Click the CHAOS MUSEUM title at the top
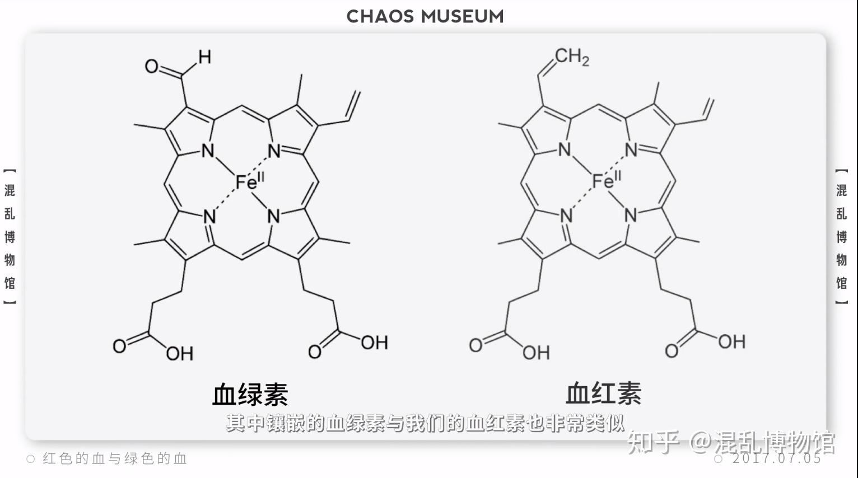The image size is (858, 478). pyautogui.click(x=425, y=16)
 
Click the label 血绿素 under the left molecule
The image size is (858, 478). pyautogui.click(x=250, y=394)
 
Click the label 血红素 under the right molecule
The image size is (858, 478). pyautogui.click(x=603, y=393)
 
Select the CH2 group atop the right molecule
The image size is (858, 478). pyautogui.click(x=572, y=56)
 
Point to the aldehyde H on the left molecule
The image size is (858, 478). pyautogui.click(x=204, y=57)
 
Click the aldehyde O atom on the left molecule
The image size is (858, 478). pyautogui.click(x=152, y=67)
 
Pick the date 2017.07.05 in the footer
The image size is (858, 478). pyautogui.click(x=776, y=458)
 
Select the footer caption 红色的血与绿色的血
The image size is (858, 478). pyautogui.click(x=114, y=459)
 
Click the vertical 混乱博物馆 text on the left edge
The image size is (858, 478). pyautogui.click(x=10, y=236)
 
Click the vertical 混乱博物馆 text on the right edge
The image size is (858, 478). pyautogui.click(x=841, y=236)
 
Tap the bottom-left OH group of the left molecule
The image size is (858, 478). pyautogui.click(x=180, y=353)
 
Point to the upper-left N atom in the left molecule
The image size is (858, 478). pyautogui.click(x=208, y=150)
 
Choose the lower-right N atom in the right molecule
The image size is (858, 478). pyautogui.click(x=631, y=215)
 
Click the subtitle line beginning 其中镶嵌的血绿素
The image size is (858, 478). pyautogui.click(x=425, y=423)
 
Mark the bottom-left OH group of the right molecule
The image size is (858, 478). pyautogui.click(x=537, y=352)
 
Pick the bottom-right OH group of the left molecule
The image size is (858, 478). pyautogui.click(x=374, y=343)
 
